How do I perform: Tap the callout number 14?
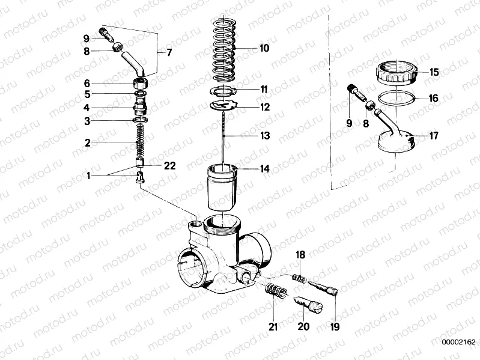pyautogui.click(x=264, y=169)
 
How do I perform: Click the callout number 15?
pyautogui.click(x=433, y=72)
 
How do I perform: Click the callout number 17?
pyautogui.click(x=433, y=136)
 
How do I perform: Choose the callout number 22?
pyautogui.click(x=169, y=166)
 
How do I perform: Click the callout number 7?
pyautogui.click(x=169, y=52)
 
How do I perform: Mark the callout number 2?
pyautogui.click(x=87, y=143)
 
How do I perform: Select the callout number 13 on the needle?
pyautogui.click(x=264, y=136)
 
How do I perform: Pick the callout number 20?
pyautogui.click(x=303, y=327)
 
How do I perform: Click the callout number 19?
pyautogui.click(x=335, y=327)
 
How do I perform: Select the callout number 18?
pyautogui.click(x=300, y=255)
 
